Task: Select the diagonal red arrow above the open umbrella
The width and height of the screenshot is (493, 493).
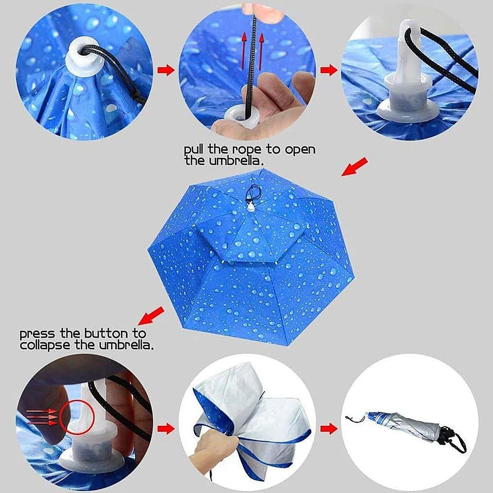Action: (x=355, y=167)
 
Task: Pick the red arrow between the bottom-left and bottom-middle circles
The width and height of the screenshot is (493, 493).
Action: (x=166, y=428)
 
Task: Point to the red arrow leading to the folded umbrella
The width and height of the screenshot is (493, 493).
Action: (x=329, y=428)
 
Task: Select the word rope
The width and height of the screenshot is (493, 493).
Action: (x=246, y=151)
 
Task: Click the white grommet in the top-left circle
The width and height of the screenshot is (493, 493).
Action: (x=84, y=59)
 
